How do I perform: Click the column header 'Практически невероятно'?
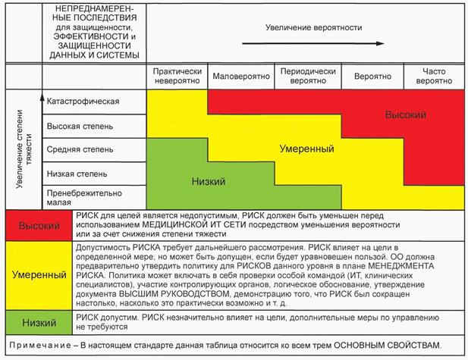[177, 77]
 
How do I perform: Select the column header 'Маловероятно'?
[235, 77]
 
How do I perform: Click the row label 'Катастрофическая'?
[83, 102]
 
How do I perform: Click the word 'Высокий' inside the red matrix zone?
[405, 114]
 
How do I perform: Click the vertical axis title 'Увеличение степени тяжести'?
[25, 150]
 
